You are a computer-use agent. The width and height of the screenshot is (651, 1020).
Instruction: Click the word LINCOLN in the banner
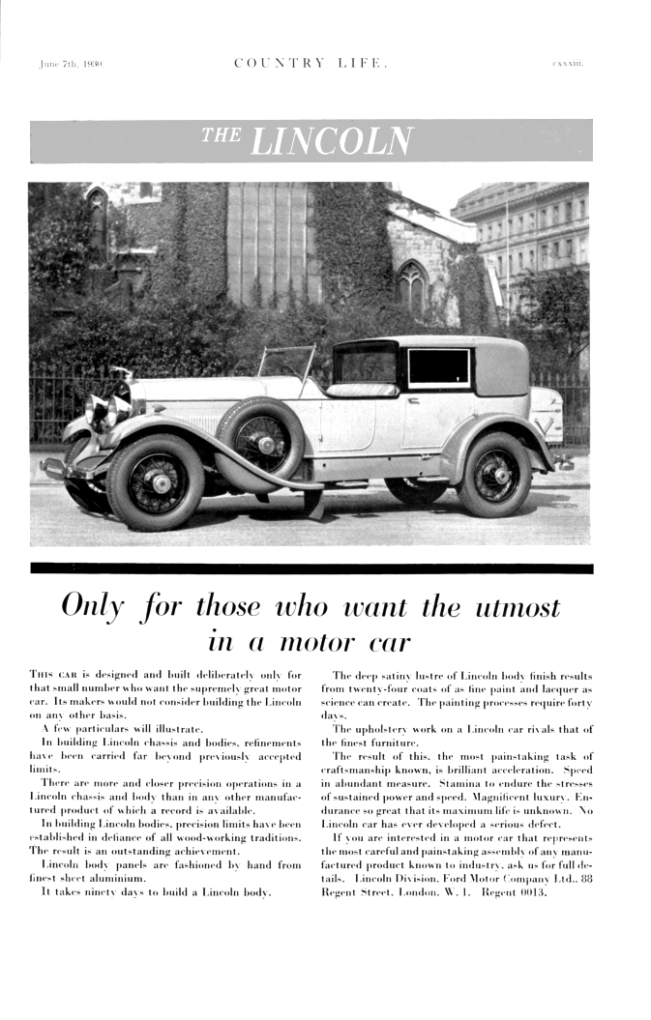331,141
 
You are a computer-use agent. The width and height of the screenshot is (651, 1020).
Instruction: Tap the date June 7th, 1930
72,65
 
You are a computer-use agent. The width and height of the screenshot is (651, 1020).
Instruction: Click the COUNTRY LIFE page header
311,65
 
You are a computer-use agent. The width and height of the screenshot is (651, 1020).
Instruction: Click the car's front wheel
156,482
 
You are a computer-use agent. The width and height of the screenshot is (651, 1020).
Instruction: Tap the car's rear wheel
493,474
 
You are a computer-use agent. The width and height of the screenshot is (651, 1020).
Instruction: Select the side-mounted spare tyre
260,441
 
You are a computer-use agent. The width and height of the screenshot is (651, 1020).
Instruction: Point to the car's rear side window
437,367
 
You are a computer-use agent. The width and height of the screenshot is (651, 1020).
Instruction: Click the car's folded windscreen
286,362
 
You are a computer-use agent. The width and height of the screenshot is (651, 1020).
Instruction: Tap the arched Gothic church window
411,284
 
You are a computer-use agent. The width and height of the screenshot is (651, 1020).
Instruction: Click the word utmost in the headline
511,606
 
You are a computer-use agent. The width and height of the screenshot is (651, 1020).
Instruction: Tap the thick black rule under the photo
311,568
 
